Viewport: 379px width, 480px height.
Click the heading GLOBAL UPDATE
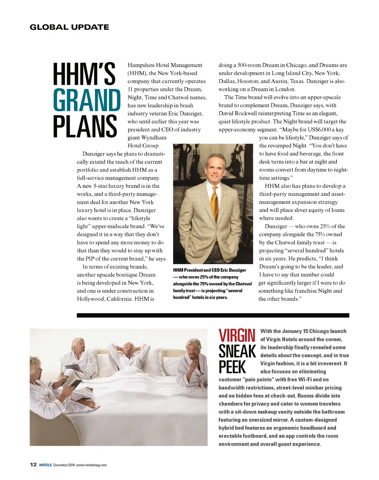click(x=69, y=27)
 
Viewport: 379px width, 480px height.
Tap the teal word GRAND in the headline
click(x=87, y=100)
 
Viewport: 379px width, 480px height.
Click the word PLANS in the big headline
click(x=85, y=126)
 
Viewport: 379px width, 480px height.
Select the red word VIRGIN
click(x=237, y=336)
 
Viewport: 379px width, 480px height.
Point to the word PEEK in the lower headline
click(x=232, y=367)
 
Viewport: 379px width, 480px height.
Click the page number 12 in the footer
click(x=33, y=465)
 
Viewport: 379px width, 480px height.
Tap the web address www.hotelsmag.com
click(x=91, y=465)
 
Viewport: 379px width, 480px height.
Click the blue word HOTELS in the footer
click(x=46, y=465)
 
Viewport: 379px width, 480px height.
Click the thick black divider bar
click(x=213, y=315)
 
